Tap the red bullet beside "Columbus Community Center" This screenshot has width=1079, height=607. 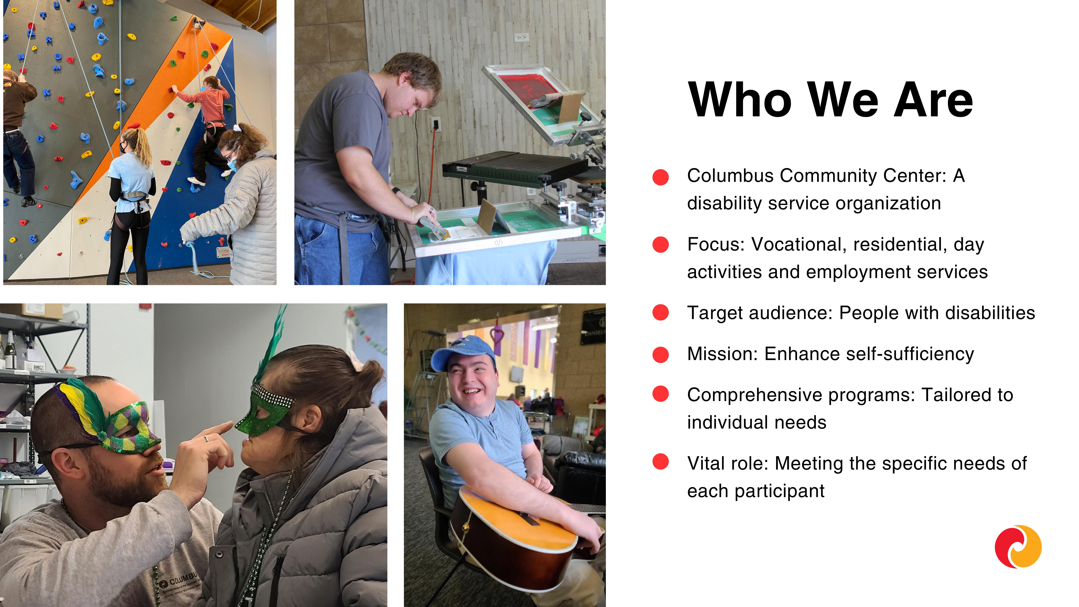click(x=661, y=177)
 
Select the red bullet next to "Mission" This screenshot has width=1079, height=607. click(x=661, y=354)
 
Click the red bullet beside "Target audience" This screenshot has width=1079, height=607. click(x=661, y=313)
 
